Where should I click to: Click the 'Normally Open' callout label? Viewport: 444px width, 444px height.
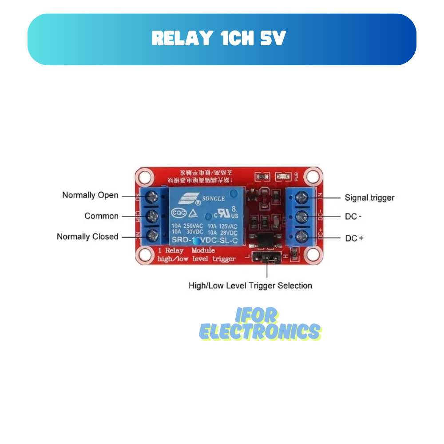coord(90,195)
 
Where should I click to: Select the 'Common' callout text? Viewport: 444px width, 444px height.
coord(102,216)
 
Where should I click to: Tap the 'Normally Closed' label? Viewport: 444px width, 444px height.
coord(87,237)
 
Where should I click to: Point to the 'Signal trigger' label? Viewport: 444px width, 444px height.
coord(369,198)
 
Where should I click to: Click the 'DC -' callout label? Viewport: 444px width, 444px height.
coord(353,217)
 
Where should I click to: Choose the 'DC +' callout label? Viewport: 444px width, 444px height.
coord(354,238)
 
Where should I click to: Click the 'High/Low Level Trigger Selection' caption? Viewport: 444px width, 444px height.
coord(250,285)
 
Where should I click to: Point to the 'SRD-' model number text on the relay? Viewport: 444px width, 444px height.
coord(181,240)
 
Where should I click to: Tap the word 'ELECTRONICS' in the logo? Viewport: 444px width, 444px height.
coord(260,332)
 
